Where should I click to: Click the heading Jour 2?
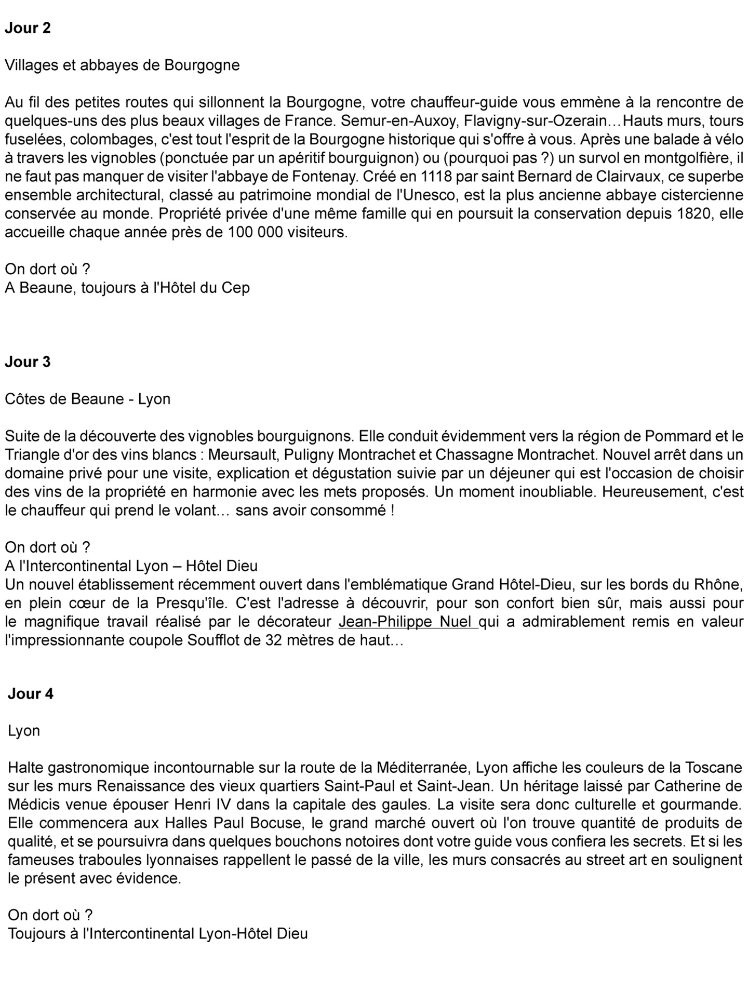tap(28, 28)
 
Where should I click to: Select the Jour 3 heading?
tap(28, 362)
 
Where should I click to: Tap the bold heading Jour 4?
tap(31, 694)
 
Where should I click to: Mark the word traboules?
tap(110, 860)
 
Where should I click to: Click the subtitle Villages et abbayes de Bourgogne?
tap(122, 65)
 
